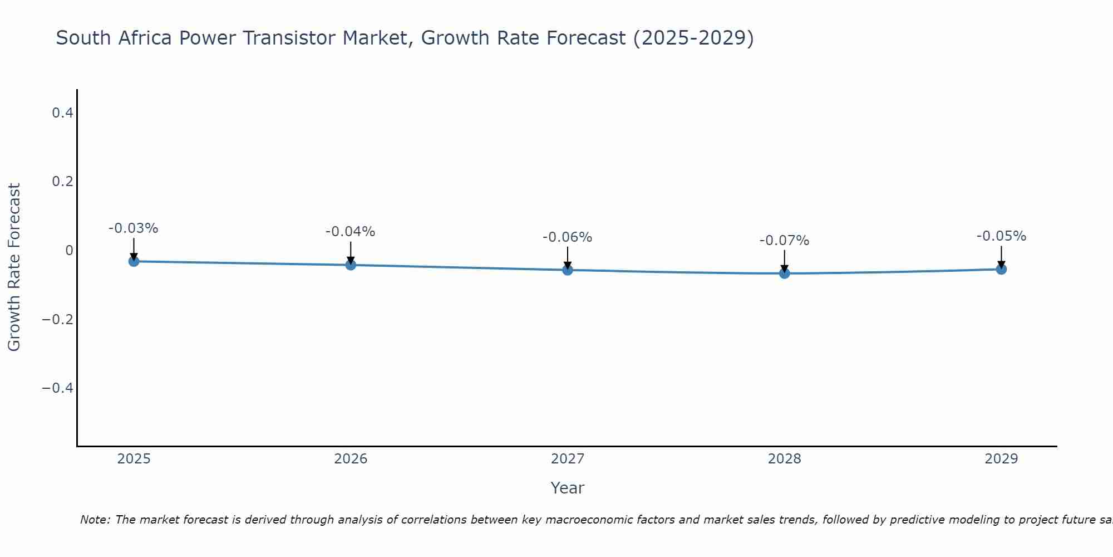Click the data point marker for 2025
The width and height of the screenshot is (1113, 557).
coord(134,261)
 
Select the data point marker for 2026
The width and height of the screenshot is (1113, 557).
coord(351,265)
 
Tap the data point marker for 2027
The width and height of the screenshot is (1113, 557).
coord(568,270)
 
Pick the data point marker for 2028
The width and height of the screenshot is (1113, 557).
coord(785,273)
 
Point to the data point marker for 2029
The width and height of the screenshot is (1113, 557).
coord(1001,269)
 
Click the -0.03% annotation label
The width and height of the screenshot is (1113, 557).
coord(134,228)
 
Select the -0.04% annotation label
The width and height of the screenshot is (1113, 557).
coord(351,232)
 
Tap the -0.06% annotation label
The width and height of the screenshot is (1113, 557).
coord(568,237)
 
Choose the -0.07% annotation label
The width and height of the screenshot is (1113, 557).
coord(785,241)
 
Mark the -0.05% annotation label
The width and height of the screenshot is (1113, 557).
coord(1001,236)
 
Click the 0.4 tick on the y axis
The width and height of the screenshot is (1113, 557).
coord(62,113)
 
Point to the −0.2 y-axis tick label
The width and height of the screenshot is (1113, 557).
coord(58,319)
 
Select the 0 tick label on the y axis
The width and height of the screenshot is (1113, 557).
coord(69,251)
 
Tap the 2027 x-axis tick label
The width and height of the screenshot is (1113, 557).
coord(568,459)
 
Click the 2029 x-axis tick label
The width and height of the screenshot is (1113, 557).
coord(1001,459)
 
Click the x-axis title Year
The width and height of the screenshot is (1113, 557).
coord(568,488)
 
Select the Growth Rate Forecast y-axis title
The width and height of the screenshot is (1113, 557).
coord(14,267)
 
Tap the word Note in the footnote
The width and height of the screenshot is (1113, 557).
coord(95,520)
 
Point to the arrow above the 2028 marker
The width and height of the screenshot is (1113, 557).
coord(785,260)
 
